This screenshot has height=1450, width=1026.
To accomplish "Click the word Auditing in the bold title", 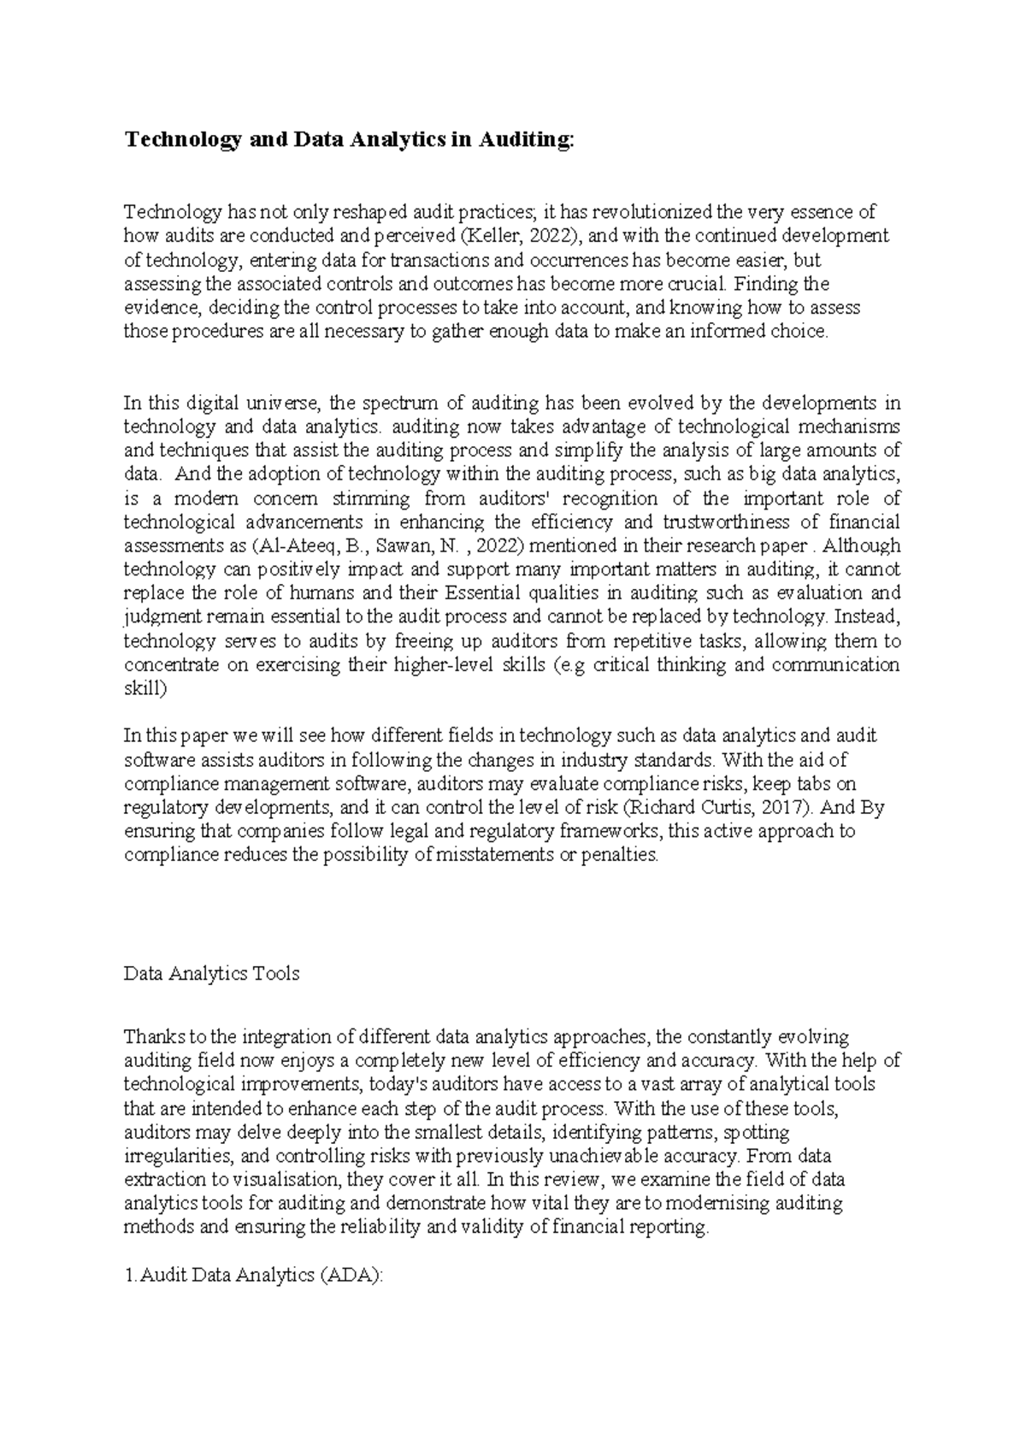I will [523, 140].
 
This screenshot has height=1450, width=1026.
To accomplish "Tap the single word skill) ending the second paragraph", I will [146, 688].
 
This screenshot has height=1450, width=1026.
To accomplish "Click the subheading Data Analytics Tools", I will [211, 973].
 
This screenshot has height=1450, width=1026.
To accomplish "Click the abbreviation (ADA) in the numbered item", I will [353, 1275].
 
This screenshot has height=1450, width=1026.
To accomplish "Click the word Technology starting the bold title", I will [182, 140].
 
